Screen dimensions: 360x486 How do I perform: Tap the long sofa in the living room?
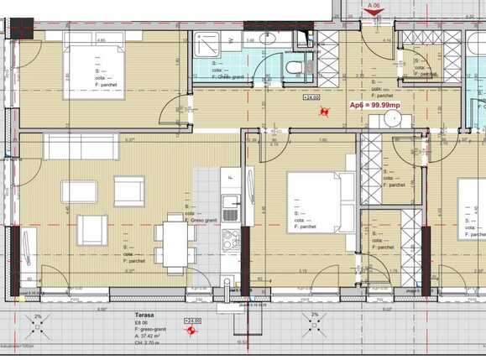pyautogui.click(x=81, y=146)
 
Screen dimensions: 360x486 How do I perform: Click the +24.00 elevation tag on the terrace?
pyautogui.click(x=193, y=321)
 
